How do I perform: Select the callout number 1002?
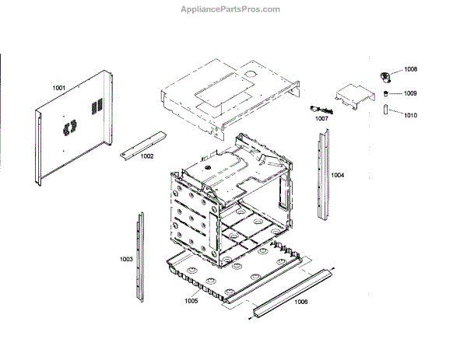(x=147, y=156)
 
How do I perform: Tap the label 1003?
(x=125, y=258)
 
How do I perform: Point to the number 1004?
(x=336, y=176)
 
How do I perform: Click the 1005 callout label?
(x=191, y=300)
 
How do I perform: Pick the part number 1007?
(x=321, y=119)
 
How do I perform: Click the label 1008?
(x=410, y=69)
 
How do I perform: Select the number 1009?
(x=410, y=94)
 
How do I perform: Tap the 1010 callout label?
(x=410, y=115)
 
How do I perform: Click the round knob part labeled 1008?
(x=384, y=75)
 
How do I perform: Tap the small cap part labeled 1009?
(x=384, y=93)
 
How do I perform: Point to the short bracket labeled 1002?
(x=142, y=144)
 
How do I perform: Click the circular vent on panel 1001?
(x=68, y=124)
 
